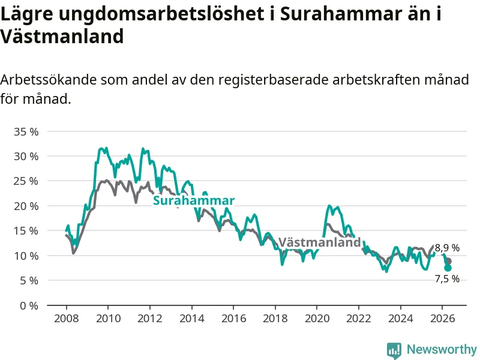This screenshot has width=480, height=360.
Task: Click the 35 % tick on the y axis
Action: point(26,132)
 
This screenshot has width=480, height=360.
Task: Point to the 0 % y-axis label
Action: point(29,305)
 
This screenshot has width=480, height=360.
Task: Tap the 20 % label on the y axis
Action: point(26,206)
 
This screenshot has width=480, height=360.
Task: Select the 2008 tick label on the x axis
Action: point(67,319)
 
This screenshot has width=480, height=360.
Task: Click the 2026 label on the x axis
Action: point(443,319)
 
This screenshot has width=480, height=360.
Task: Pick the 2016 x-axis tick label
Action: point(233,319)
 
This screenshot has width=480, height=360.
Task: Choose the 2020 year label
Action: point(317,319)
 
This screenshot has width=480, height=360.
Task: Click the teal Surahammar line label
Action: point(194,200)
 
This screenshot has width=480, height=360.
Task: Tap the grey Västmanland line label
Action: point(320,242)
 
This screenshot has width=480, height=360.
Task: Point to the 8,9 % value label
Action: point(447,248)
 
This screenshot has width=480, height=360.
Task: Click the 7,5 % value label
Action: point(447,279)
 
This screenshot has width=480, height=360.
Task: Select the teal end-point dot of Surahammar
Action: point(448,268)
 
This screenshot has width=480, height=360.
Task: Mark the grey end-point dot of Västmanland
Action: point(448,261)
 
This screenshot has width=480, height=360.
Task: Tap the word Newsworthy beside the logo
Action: point(442,349)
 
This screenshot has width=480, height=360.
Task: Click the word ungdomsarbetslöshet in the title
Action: point(159,14)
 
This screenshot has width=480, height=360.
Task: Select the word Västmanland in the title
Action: point(62,36)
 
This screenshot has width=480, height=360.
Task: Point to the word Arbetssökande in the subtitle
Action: point(49,80)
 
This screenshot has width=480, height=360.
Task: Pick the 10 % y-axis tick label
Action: point(26,256)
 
